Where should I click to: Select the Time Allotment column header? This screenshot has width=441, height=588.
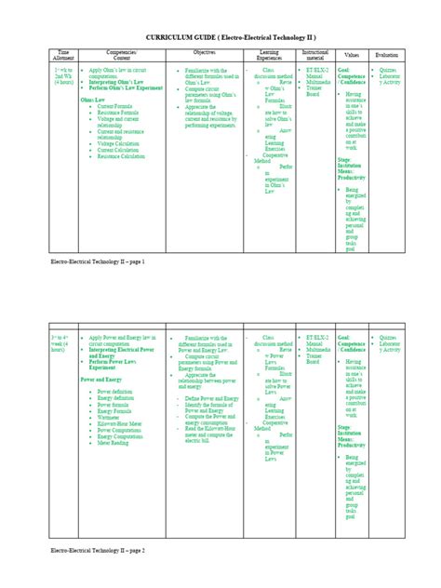[63, 56]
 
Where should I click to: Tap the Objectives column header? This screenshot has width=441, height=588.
[204, 53]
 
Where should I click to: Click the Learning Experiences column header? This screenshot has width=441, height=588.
[268, 56]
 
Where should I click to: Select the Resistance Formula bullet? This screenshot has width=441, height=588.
[118, 112]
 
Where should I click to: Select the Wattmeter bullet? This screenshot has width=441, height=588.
[113, 418]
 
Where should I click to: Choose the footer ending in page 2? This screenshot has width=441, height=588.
[99, 576]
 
